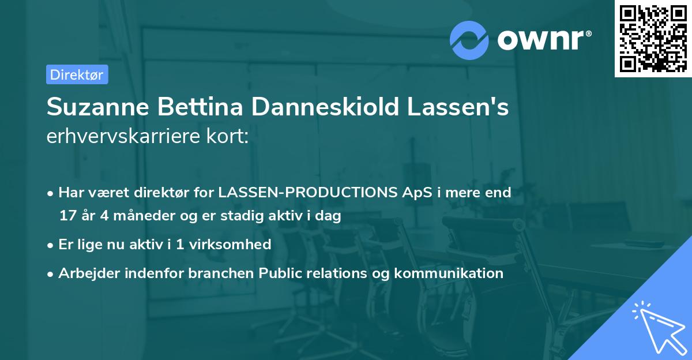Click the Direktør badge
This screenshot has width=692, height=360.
[77, 74]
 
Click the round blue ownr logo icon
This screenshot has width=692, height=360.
[469, 40]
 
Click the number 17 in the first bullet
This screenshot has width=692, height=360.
[67, 216]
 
